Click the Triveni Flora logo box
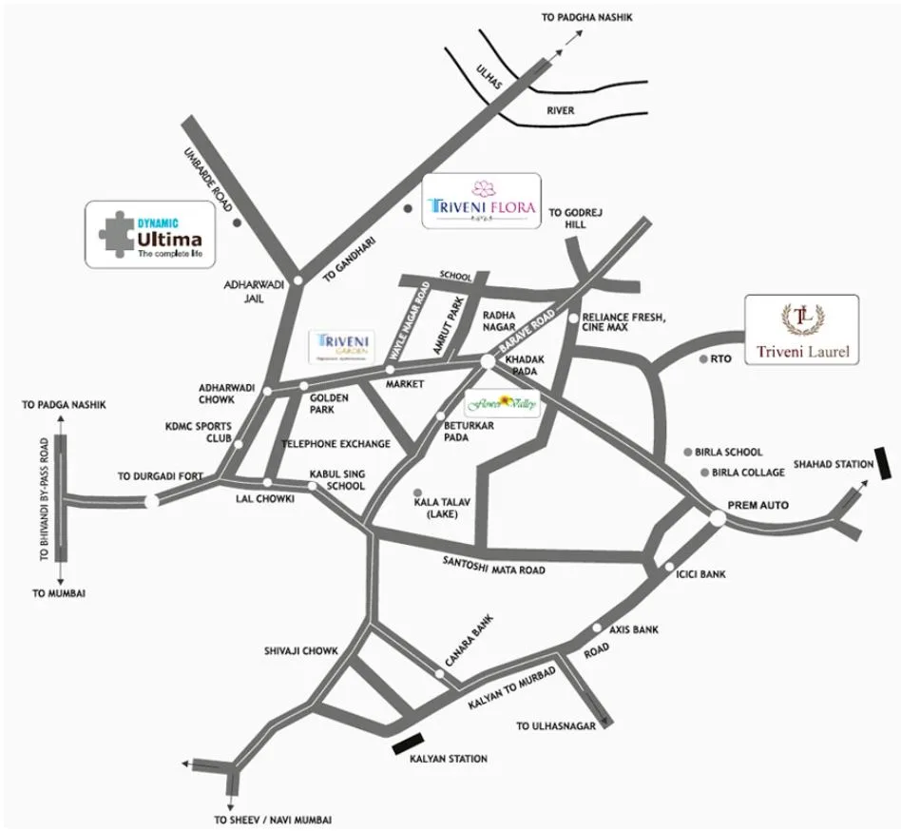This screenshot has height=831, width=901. tap(481, 200)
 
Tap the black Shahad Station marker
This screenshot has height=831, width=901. tap(883, 465)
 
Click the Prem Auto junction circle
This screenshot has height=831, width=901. tap(716, 517)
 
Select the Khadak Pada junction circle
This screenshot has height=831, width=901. tap(487, 362)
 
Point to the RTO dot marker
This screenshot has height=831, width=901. tap(702, 359)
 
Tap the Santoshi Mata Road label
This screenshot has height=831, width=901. tap(494, 565)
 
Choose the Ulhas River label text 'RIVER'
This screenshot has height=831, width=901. tap(560, 110)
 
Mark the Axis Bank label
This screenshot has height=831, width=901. tap(631, 629)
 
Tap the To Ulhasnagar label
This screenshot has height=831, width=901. tap(555, 726)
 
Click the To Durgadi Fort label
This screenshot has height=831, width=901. tap(160, 475)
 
